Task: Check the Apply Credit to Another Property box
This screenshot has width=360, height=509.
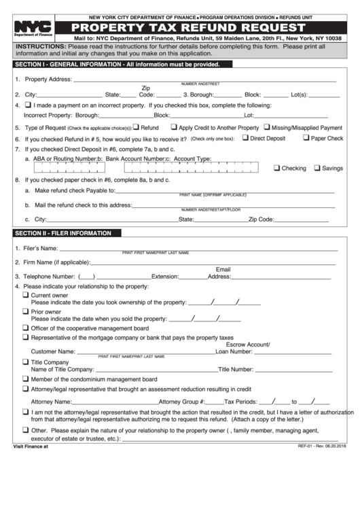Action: [x=173, y=127]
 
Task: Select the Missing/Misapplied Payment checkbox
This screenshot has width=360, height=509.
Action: [x=266, y=127]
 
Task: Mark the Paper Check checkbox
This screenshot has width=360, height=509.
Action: [x=305, y=138]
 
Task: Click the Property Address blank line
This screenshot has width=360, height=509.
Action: [x=204, y=80]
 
